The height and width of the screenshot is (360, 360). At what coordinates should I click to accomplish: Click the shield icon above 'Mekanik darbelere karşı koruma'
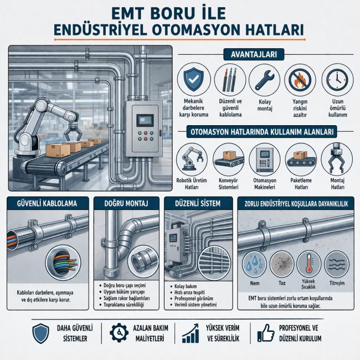(x=194, y=79)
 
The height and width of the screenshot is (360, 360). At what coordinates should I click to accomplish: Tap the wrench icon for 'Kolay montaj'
(x=265, y=80)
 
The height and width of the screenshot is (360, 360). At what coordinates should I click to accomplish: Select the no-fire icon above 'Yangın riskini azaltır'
(x=300, y=80)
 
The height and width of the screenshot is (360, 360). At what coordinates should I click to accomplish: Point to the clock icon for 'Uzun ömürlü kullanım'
(x=337, y=80)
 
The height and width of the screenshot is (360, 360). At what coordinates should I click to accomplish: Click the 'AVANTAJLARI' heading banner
(x=254, y=54)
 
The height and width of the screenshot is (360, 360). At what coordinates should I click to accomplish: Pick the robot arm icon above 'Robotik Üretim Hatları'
(x=192, y=158)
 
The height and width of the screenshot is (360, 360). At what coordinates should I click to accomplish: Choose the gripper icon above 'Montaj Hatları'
(x=337, y=159)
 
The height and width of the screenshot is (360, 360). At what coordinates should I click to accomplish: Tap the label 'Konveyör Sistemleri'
(x=228, y=184)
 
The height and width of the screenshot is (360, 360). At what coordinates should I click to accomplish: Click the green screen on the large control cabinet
(x=145, y=120)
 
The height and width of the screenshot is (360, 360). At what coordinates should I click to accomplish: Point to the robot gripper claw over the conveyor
(x=72, y=132)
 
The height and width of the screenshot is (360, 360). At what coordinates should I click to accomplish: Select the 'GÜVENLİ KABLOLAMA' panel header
(x=48, y=203)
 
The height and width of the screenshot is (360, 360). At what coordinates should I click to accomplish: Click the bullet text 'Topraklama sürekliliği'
(x=124, y=305)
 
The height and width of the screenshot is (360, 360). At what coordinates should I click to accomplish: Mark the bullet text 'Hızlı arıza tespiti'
(x=189, y=292)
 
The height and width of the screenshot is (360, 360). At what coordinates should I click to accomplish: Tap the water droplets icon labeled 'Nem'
(x=254, y=264)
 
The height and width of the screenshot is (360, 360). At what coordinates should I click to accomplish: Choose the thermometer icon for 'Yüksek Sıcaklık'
(x=308, y=263)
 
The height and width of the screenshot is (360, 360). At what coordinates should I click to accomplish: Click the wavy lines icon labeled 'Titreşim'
(x=337, y=264)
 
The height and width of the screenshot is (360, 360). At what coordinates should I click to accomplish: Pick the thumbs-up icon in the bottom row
(x=266, y=333)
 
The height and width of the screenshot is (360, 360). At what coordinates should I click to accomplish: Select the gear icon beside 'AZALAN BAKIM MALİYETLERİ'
(x=119, y=333)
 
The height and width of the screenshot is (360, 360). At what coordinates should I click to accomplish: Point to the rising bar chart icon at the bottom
(x=191, y=333)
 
